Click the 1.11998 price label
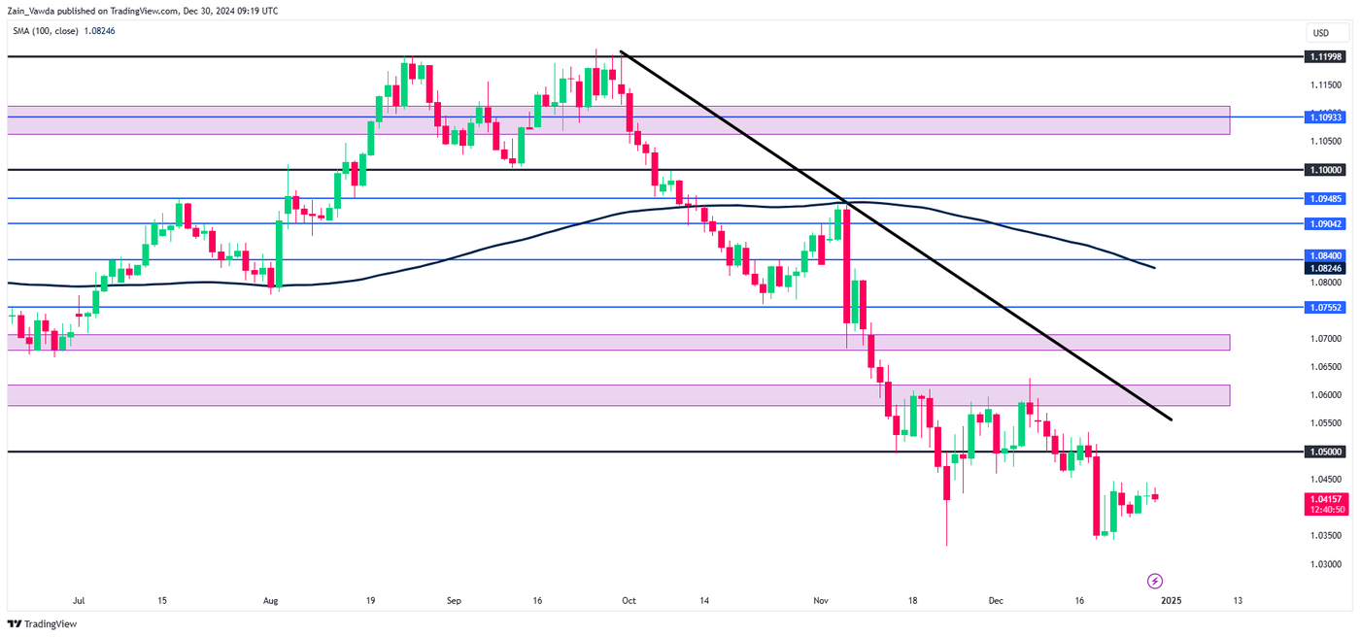pos(1324,57)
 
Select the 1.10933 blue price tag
pos(1324,117)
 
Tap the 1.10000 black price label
pos(1324,170)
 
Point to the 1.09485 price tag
pos(1324,198)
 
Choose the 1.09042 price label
pos(1324,223)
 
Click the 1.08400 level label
pos(1324,254)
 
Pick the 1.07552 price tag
pos(1324,307)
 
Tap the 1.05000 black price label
pos(1324,452)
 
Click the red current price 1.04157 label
pos(1324,498)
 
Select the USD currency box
pos(1321,33)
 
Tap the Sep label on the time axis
pos(454,601)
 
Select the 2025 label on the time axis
pos(1171,601)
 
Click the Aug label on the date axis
pos(271,601)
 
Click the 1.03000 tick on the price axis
pos(1327,564)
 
